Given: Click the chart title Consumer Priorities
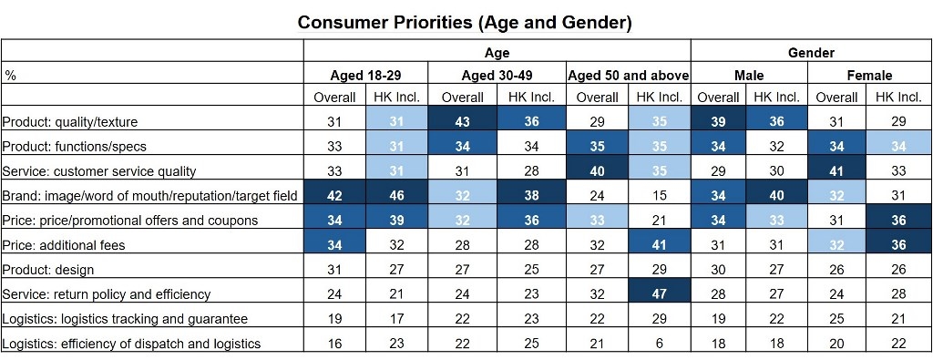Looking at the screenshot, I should coord(465,21).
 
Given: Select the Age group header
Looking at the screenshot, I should coord(497,53).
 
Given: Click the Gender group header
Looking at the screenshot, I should coord(811,53).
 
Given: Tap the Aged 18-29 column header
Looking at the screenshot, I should coord(365,75).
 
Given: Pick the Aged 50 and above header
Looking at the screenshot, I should coord(628,75).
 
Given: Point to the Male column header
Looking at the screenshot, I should coord(749,75).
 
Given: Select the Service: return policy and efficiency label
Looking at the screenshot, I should coord(107,294).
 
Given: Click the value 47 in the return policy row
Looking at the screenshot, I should coord(659,294).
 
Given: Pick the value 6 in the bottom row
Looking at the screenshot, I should coord(659,344).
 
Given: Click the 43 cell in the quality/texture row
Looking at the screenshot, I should coord(462,122).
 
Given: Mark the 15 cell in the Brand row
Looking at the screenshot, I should coord(659,196).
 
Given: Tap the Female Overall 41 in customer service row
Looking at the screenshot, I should coord(836,171).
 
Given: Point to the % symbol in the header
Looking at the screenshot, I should coord(10,76).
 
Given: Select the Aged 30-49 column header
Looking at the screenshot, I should coord(496,75).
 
